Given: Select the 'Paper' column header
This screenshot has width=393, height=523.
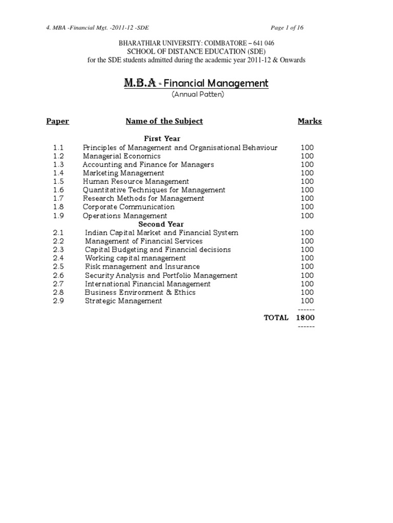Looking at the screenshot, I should click(x=57, y=121).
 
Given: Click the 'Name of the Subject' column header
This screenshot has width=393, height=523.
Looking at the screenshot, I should click(x=164, y=121).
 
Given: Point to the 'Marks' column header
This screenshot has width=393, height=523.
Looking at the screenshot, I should click(x=310, y=121).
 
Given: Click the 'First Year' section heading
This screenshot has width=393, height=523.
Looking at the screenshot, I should click(x=162, y=138).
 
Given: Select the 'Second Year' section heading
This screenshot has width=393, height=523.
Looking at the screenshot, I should click(x=161, y=224).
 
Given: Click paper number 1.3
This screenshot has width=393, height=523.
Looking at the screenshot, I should click(x=58, y=164).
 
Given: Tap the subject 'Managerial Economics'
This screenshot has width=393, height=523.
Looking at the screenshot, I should click(x=122, y=156).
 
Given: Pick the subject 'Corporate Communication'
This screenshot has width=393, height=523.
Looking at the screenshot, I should click(x=128, y=207).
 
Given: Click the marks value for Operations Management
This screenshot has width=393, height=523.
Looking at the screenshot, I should click(x=308, y=216).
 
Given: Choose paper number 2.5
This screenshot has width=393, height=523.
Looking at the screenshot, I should click(x=58, y=267).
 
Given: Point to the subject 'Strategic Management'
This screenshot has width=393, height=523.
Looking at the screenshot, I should click(x=123, y=301).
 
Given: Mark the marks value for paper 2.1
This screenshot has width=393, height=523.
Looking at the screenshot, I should click(x=308, y=232).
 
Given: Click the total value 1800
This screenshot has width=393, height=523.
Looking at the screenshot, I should click(x=305, y=318).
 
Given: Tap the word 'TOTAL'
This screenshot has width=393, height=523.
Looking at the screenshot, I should click(x=276, y=318).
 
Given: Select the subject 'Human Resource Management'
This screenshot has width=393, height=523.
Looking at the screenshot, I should click(x=136, y=181).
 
